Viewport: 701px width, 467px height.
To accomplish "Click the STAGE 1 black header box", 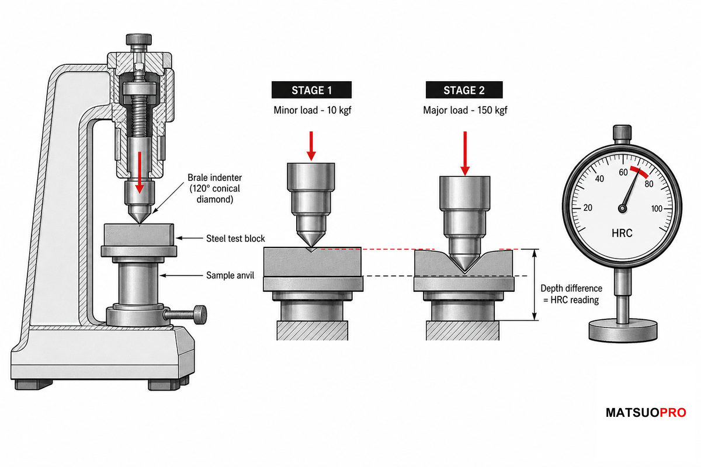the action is click(x=311, y=90).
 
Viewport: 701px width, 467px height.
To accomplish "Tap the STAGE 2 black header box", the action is click(x=464, y=90).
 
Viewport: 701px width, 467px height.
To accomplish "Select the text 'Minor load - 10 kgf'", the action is click(x=313, y=110).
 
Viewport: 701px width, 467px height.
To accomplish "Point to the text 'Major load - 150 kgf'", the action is click(x=465, y=110).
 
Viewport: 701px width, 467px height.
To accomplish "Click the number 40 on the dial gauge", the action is click(x=599, y=179).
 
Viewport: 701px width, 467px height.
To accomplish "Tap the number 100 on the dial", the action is click(x=657, y=208).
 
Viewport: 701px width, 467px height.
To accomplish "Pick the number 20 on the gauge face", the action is click(x=588, y=208).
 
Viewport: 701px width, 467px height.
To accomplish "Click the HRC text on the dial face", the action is click(x=622, y=233).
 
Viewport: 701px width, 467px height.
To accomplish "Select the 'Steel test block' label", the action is click(x=235, y=239).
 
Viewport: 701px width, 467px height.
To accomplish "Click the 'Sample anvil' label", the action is click(x=230, y=276).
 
